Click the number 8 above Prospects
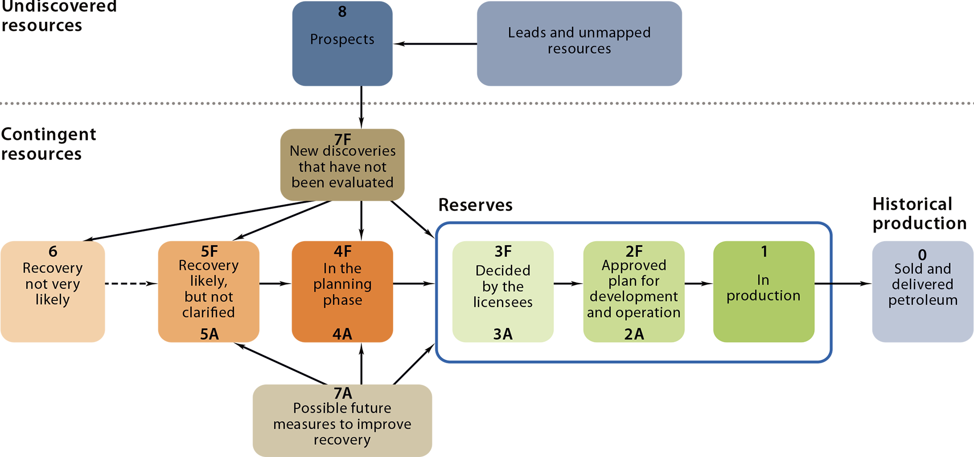[x=342, y=12]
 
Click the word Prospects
[x=342, y=39]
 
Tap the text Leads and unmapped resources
[x=579, y=41]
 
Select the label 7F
[x=342, y=139]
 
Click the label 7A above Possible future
[x=342, y=393]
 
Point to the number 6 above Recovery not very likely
[x=53, y=251]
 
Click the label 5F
[x=209, y=251]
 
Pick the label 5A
[x=209, y=334]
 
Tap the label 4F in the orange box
[x=342, y=251]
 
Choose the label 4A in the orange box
[x=342, y=334]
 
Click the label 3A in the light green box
[x=503, y=334]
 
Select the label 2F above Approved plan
[x=634, y=251]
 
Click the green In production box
[x=763, y=291]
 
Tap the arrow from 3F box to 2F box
[x=568, y=284]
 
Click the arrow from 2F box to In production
[x=699, y=284]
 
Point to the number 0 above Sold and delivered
[x=922, y=255]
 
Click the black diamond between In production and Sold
[x=852, y=284]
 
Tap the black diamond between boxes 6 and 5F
[x=132, y=284]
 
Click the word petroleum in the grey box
[x=922, y=300]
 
